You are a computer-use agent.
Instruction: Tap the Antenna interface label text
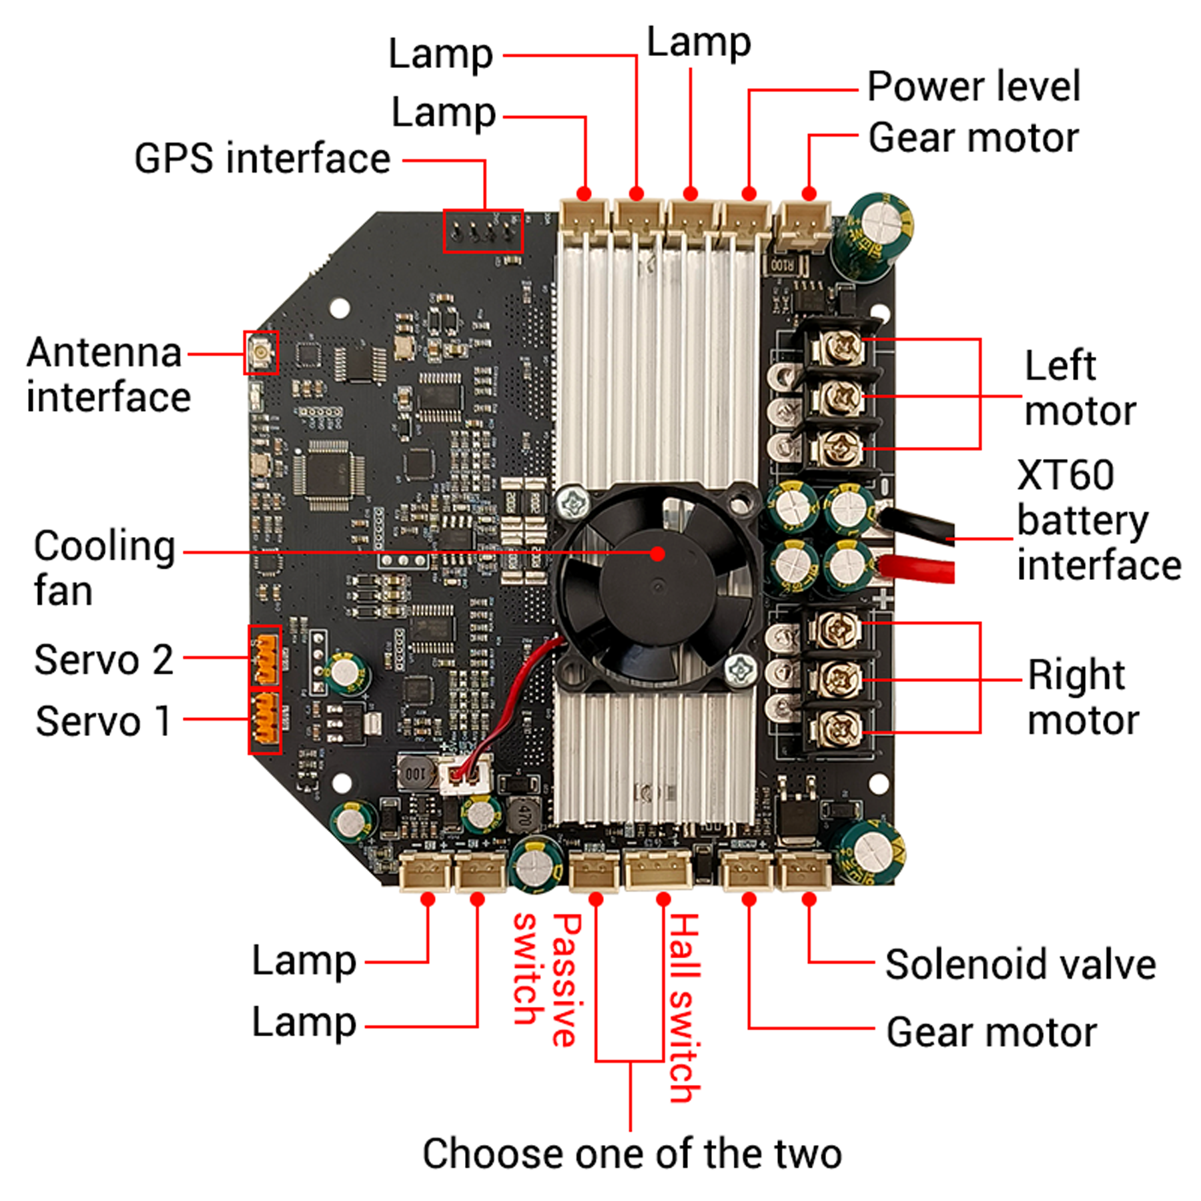pyautogui.click(x=108, y=375)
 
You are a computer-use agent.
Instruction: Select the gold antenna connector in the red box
pyautogui.click(x=260, y=352)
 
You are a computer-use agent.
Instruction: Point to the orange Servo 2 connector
pyautogui.click(x=265, y=657)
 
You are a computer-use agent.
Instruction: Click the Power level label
pyautogui.click(x=973, y=87)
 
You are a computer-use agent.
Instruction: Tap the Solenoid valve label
pyautogui.click(x=1020, y=965)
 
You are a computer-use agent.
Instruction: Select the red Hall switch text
pyautogui.click(x=685, y=1008)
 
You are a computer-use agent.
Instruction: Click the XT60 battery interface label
pyautogui.click(x=1098, y=520)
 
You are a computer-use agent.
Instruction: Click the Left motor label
pyautogui.click(x=1079, y=388)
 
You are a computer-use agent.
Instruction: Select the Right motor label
pyautogui.click(x=1082, y=697)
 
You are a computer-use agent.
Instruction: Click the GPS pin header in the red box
pyautogui.click(x=483, y=231)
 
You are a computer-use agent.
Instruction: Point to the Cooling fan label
pyautogui.click(x=103, y=568)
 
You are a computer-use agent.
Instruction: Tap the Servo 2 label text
pyautogui.click(x=103, y=660)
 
